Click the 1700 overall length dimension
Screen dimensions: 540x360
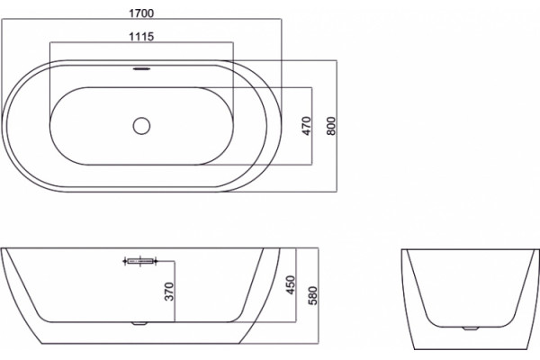coord(141,13)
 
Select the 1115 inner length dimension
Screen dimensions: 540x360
coord(141,36)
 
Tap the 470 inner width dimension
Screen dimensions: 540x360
coord(306,126)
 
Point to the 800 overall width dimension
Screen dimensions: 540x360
coord(330,126)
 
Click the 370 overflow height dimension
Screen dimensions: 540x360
coord(169,292)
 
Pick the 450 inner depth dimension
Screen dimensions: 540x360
coord(291,285)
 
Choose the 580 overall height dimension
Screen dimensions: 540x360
coord(312,295)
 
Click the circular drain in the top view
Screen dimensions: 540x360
coord(141,126)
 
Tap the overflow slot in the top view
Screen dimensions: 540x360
coord(141,68)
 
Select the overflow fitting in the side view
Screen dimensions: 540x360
coord(139,262)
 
